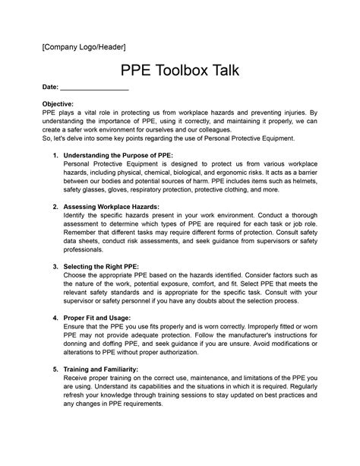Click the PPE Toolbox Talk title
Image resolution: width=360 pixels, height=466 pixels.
(x=180, y=73)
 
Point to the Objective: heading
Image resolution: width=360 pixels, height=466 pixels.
(x=58, y=103)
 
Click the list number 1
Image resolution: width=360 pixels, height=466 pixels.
(x=55, y=155)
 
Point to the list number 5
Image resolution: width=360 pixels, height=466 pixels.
(x=55, y=369)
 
